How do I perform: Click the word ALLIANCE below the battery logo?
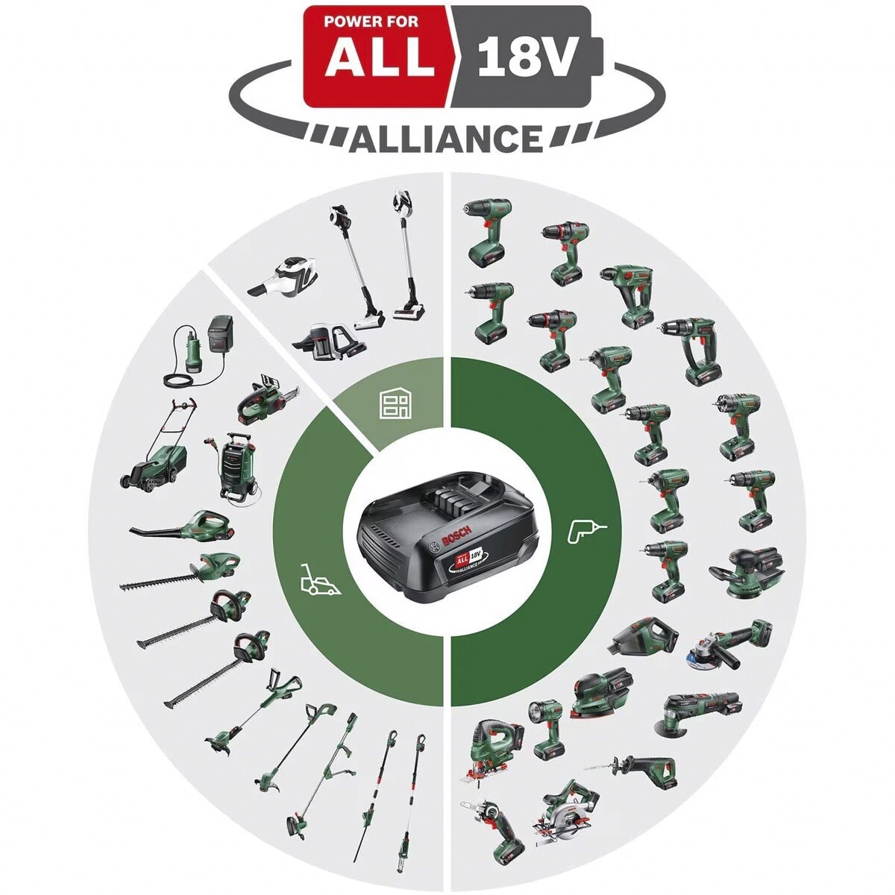tap(446, 139)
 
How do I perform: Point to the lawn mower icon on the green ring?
tap(319, 579)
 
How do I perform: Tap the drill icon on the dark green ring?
tap(587, 530)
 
